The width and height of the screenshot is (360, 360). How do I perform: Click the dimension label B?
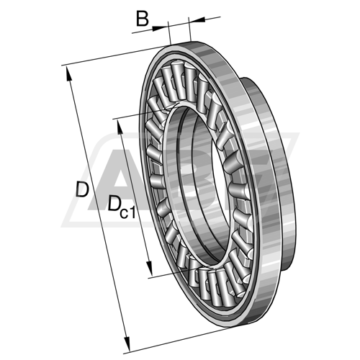[x=143, y=19]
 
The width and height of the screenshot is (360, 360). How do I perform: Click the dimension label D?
[x=82, y=189]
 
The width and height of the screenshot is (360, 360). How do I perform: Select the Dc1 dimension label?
[x=122, y=207]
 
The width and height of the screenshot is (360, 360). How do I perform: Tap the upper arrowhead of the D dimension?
[x=68, y=74]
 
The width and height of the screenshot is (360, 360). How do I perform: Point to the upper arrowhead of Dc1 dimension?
[x=120, y=127]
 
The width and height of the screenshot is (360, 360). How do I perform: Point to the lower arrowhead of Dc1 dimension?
[x=149, y=269]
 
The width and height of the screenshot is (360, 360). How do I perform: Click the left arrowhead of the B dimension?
[x=160, y=28]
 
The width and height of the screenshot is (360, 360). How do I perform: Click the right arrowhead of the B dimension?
[x=197, y=20]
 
